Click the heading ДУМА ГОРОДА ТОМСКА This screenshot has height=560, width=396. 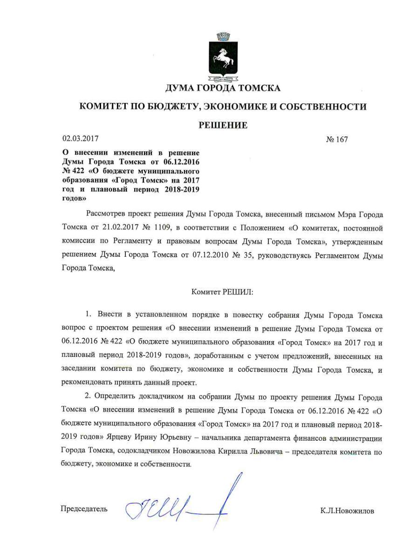pos(223,88)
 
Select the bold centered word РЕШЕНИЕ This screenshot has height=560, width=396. pos(223,125)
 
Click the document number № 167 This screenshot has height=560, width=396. pos(336,139)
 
